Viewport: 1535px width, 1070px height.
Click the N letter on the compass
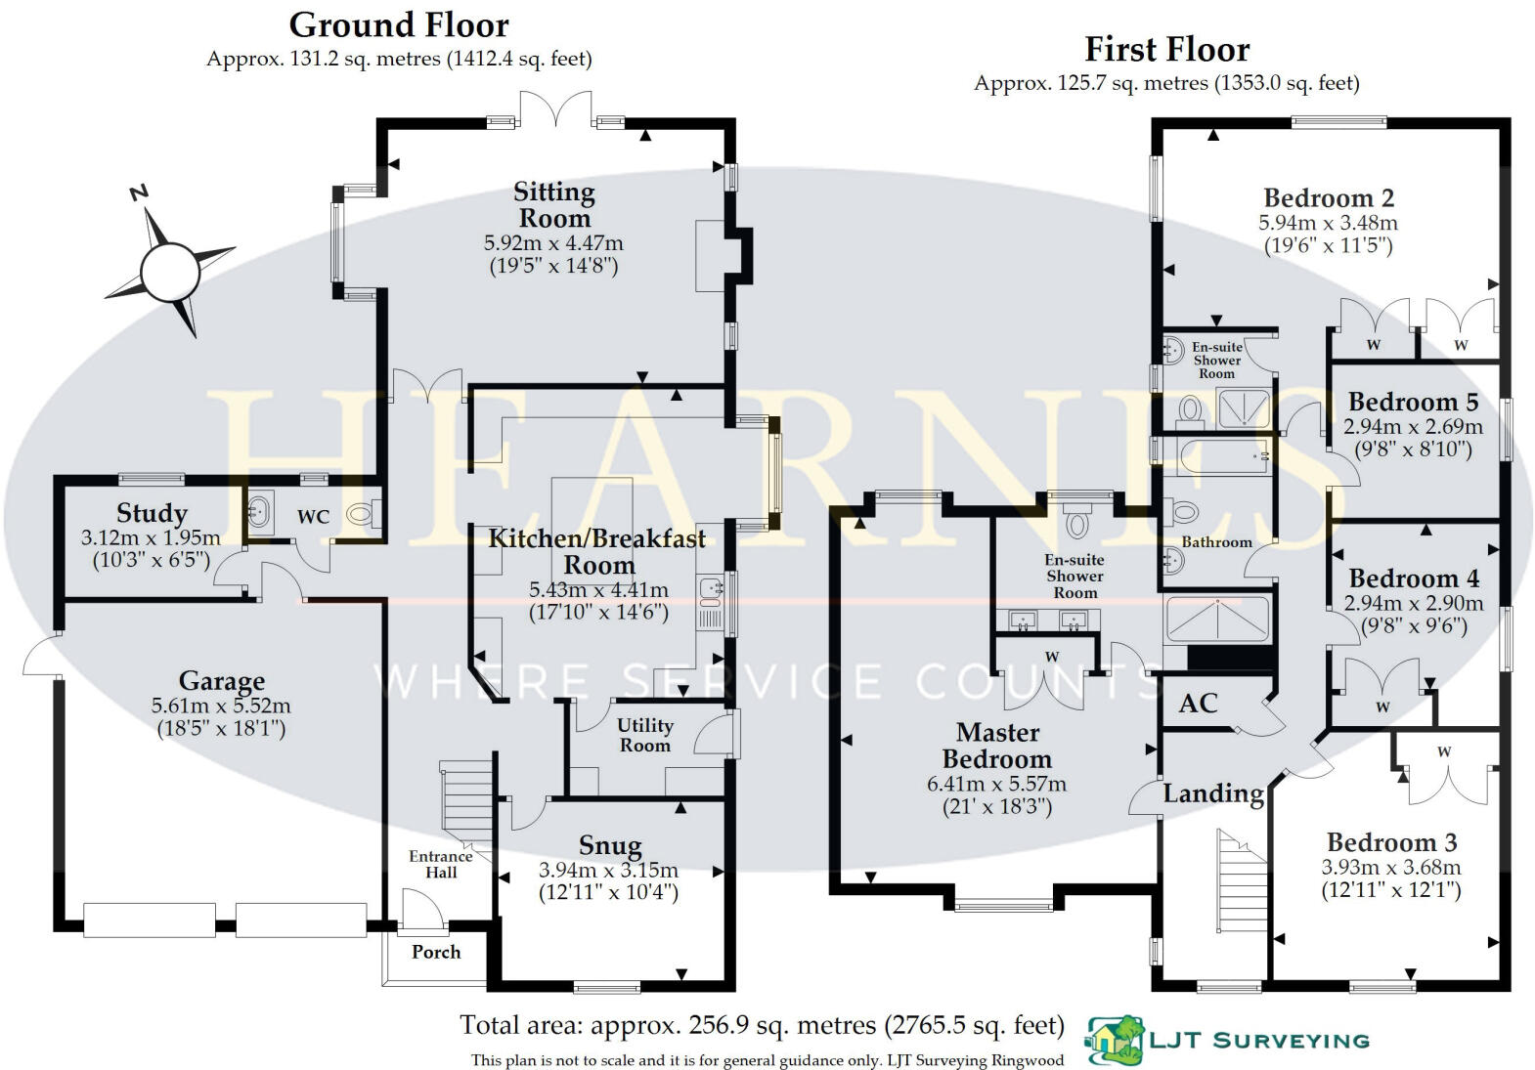[139, 193]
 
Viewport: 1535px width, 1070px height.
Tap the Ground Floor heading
[399, 26]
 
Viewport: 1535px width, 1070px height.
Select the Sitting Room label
[554, 205]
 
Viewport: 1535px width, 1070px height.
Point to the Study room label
[152, 512]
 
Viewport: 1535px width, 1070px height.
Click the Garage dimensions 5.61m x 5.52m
[221, 706]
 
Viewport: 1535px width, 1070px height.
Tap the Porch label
[436, 952]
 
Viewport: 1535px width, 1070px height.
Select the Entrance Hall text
[441, 865]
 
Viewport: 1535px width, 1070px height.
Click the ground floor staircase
[466, 805]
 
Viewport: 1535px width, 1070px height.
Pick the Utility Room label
[645, 735]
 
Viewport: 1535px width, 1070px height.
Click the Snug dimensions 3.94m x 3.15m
[608, 870]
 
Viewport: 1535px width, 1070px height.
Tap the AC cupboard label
[1199, 703]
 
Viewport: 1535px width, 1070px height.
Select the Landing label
[1213, 793]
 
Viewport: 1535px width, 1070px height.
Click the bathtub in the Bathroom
[1217, 456]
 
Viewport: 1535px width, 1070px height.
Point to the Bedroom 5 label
[1413, 402]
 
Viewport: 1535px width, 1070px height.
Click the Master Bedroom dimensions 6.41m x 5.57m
[996, 784]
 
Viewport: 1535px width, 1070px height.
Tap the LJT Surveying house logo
[1115, 1040]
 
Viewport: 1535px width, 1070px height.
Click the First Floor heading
[1167, 49]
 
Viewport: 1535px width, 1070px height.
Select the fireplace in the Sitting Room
[710, 256]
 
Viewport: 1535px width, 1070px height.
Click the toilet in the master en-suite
[1078, 519]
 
